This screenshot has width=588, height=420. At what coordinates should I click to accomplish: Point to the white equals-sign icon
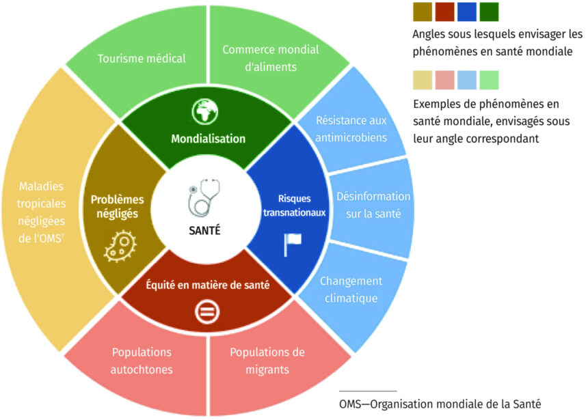pyautogui.click(x=205, y=313)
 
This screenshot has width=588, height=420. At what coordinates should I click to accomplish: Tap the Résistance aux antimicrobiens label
pyautogui.click(x=351, y=128)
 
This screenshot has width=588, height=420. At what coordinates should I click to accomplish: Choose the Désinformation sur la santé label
pyautogui.click(x=373, y=205)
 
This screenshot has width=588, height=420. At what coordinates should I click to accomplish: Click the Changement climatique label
pyautogui.click(x=351, y=290)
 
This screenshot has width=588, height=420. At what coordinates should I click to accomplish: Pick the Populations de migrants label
pyautogui.click(x=267, y=361)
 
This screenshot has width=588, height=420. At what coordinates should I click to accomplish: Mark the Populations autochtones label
pyautogui.click(x=142, y=361)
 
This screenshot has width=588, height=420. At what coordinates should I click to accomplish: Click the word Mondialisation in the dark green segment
pyautogui.click(x=209, y=139)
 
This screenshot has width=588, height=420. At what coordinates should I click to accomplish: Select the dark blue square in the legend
pyautogui.click(x=468, y=12)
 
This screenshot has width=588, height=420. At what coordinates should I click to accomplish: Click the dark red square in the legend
pyautogui.click(x=445, y=12)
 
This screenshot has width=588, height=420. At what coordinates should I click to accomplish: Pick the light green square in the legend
pyautogui.click(x=490, y=80)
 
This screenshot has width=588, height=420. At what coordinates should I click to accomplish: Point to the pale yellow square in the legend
pyautogui.click(x=423, y=80)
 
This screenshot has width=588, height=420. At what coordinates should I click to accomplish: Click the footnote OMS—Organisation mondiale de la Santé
pyautogui.click(x=444, y=403)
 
